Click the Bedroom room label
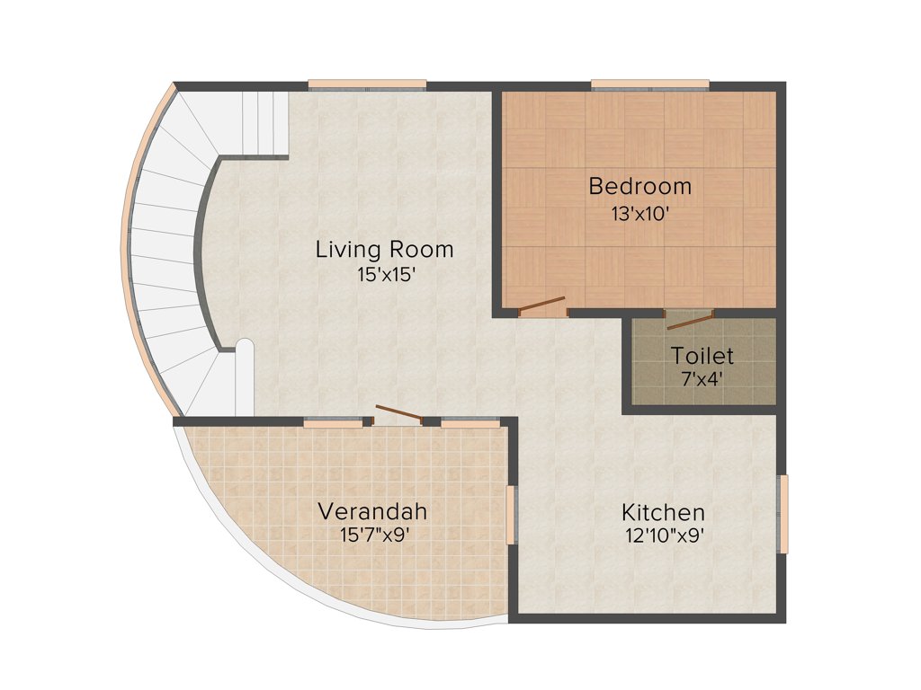[x=639, y=187]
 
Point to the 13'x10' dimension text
[x=639, y=215]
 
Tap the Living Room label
[x=384, y=249]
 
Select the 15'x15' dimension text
[x=384, y=276]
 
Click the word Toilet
[x=702, y=356]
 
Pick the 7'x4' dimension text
[x=702, y=379]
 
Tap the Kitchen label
[x=663, y=513]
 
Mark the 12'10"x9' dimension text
[x=663, y=536]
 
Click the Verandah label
[x=372, y=511]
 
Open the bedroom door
[x=542, y=306]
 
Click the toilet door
[x=689, y=319]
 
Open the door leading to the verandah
[x=398, y=414]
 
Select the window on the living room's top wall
[x=367, y=86]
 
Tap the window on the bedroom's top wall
[x=649, y=86]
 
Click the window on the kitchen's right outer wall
[x=782, y=514]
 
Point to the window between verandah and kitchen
[x=511, y=515]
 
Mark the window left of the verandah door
[x=333, y=421]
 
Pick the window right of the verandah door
[x=469, y=421]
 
